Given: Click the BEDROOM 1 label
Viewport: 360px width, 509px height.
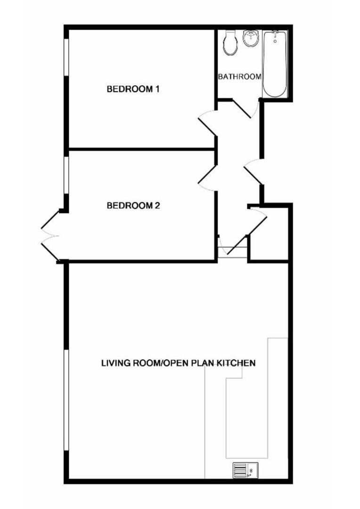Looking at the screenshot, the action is pyautogui.click(x=133, y=89).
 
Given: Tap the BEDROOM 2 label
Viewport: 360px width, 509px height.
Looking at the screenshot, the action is pyautogui.click(x=133, y=205).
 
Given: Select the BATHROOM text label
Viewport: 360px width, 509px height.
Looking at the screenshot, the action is pyautogui.click(x=239, y=77).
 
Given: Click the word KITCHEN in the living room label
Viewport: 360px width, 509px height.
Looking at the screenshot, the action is pyautogui.click(x=236, y=362).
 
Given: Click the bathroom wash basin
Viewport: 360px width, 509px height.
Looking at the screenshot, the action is pyautogui.click(x=251, y=38).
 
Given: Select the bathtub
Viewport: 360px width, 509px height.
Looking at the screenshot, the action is pyautogui.click(x=275, y=64).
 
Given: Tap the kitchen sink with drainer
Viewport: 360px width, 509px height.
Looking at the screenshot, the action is pyautogui.click(x=245, y=470).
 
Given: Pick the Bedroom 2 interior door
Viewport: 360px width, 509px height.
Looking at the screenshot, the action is pyautogui.click(x=208, y=178).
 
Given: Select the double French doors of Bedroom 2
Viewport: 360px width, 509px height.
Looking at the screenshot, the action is pyautogui.click(x=50, y=236).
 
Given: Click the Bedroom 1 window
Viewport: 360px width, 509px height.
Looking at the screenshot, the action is pyautogui.click(x=66, y=57).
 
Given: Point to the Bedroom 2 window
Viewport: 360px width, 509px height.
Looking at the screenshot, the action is pyautogui.click(x=66, y=176).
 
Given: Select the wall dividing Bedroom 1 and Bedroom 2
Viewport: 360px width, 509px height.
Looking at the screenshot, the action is pyautogui.click(x=141, y=149).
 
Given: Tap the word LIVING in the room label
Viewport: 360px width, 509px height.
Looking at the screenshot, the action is pyautogui.click(x=115, y=362).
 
